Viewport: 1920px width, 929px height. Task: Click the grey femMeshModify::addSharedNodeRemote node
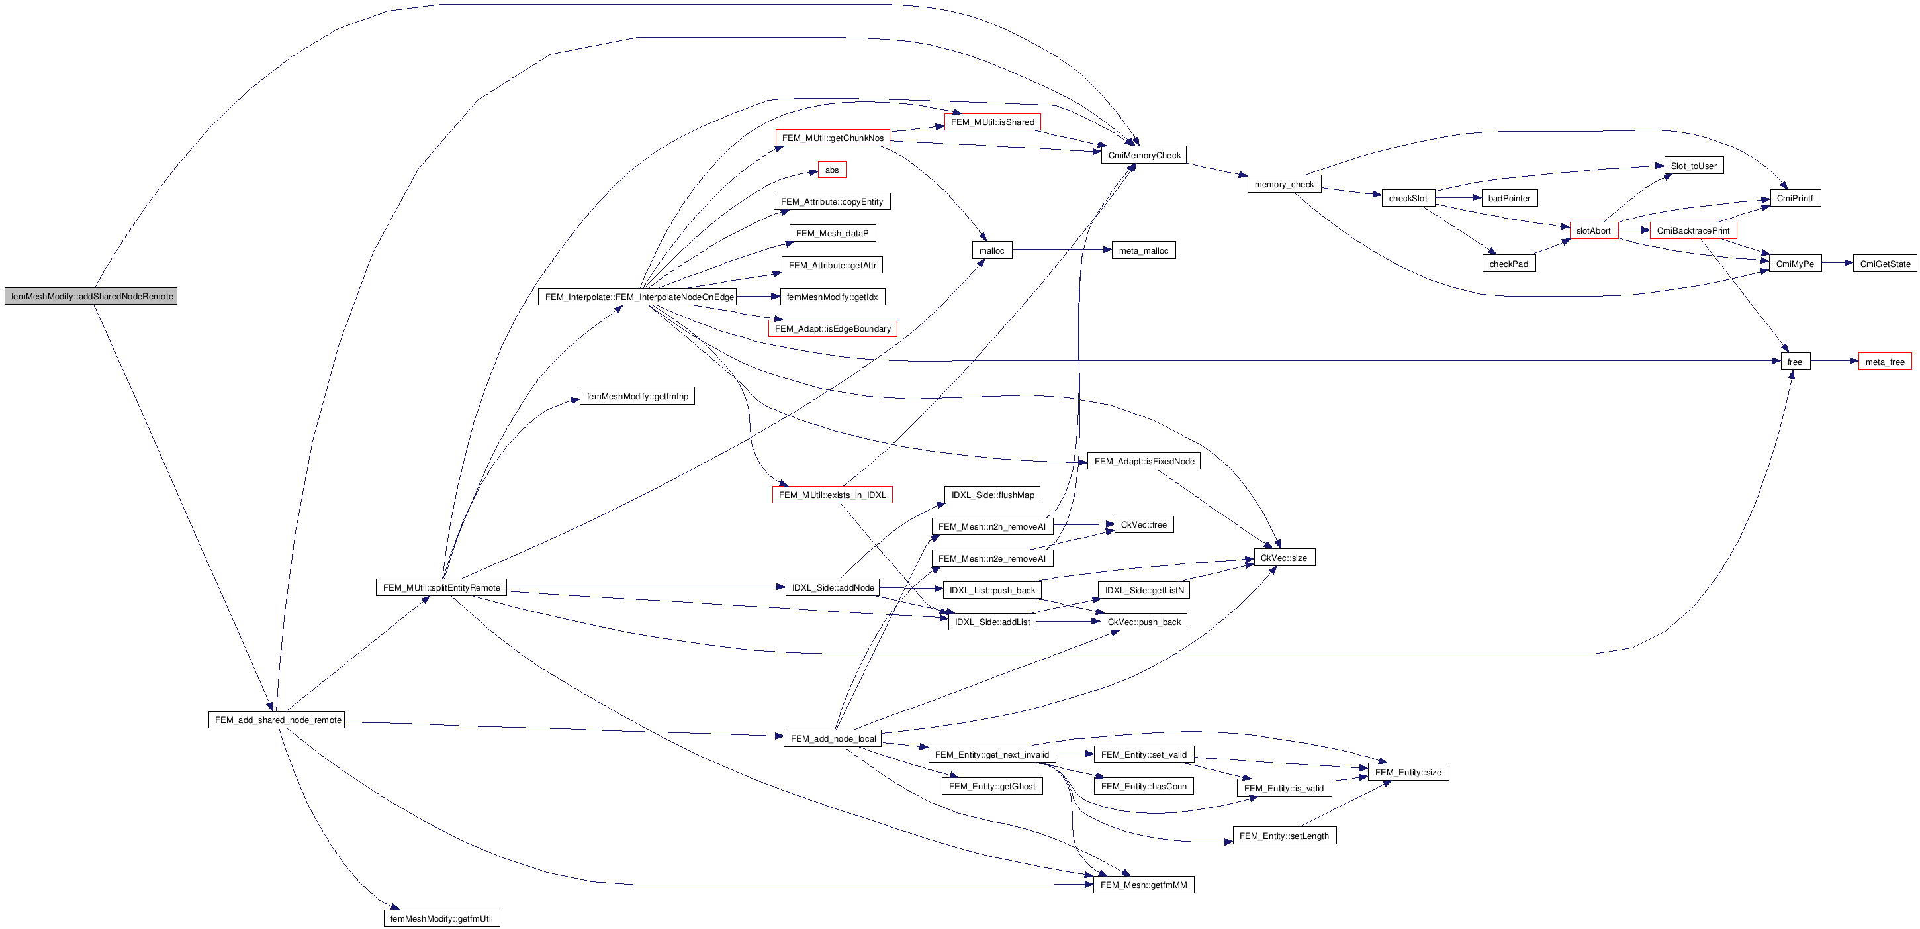[x=91, y=296]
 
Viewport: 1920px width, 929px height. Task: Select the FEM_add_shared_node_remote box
[x=277, y=720]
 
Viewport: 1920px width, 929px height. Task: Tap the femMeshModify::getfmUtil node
[x=441, y=918]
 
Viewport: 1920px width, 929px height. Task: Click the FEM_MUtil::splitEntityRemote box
[x=441, y=587]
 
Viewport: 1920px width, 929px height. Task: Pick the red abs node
[x=832, y=170]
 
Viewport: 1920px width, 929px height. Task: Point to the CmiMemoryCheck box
[x=1144, y=155]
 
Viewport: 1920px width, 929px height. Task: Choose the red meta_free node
[x=1884, y=362]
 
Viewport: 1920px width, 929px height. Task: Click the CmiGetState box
[x=1884, y=263]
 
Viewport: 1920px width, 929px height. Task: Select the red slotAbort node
[x=1593, y=230]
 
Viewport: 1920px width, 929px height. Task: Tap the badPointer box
[x=1508, y=199]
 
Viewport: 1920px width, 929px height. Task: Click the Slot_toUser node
[x=1694, y=166]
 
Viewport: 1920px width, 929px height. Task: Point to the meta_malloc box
[x=1144, y=250]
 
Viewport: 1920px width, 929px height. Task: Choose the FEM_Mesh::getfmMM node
[x=1144, y=884]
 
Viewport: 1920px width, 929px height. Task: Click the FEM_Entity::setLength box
[x=1283, y=836]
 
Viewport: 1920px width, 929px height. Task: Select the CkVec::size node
[x=1283, y=558]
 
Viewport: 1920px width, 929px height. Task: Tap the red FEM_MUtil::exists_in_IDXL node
[x=832, y=495]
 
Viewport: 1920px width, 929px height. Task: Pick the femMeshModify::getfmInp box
[x=637, y=396]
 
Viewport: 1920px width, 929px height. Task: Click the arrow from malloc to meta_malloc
[x=1062, y=250]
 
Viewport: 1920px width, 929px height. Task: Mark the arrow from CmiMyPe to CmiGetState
[x=1837, y=263]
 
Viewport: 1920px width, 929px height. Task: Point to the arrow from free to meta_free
[x=1834, y=362]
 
